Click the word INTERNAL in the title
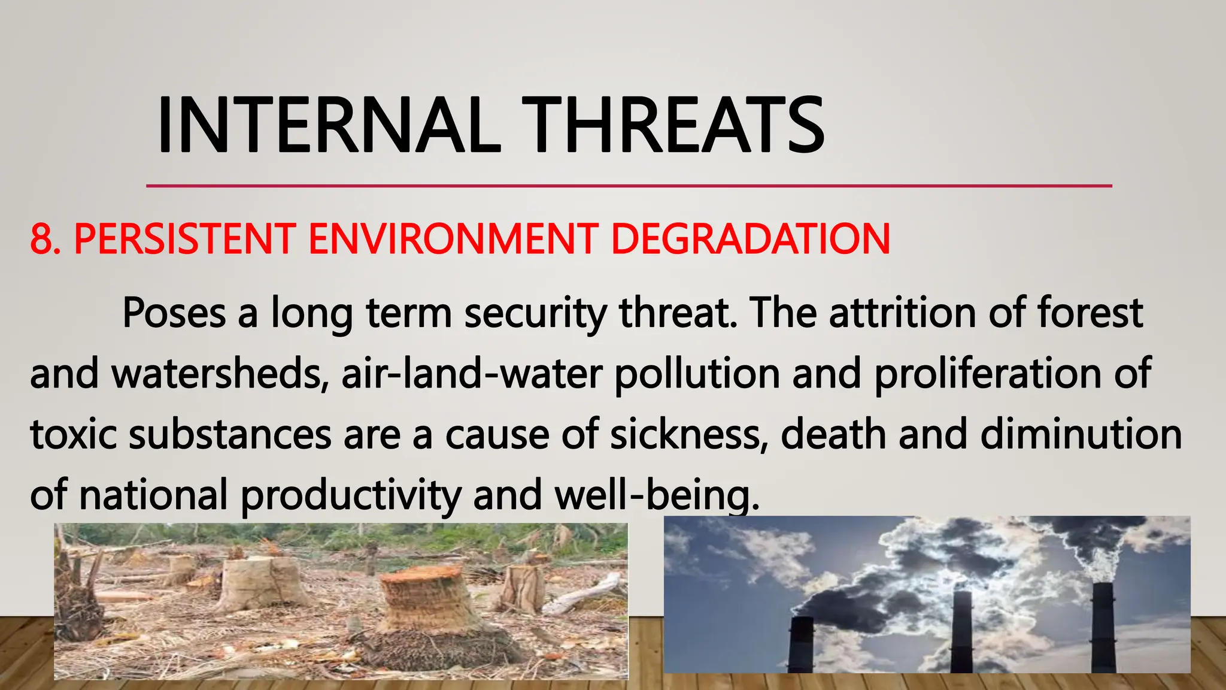click(328, 126)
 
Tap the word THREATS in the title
click(673, 126)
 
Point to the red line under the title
click(629, 186)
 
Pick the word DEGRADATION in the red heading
click(751, 239)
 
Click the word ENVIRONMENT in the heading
click(453, 239)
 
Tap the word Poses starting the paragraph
click(174, 313)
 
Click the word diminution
click(1081, 435)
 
